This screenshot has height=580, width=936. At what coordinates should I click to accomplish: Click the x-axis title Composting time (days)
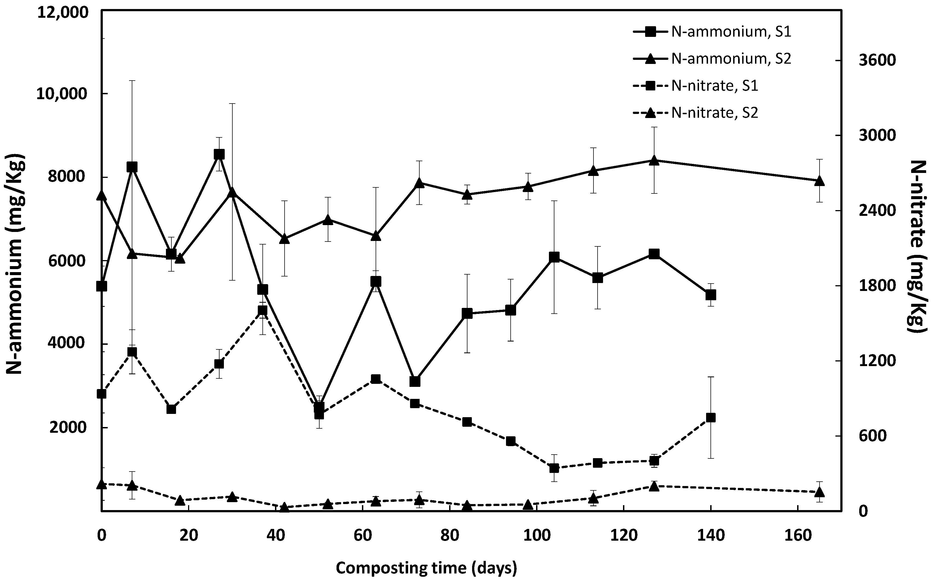(426, 568)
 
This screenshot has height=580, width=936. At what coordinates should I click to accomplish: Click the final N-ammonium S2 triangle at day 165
(819, 181)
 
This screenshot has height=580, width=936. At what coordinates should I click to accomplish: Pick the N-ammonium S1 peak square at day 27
(219, 154)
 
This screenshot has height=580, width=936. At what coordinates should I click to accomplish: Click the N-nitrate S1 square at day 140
(711, 418)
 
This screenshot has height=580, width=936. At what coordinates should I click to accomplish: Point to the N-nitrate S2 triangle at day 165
(819, 492)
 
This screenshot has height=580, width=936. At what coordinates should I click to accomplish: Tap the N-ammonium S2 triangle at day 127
(654, 160)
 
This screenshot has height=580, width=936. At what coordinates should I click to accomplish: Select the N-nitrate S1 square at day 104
(554, 468)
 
